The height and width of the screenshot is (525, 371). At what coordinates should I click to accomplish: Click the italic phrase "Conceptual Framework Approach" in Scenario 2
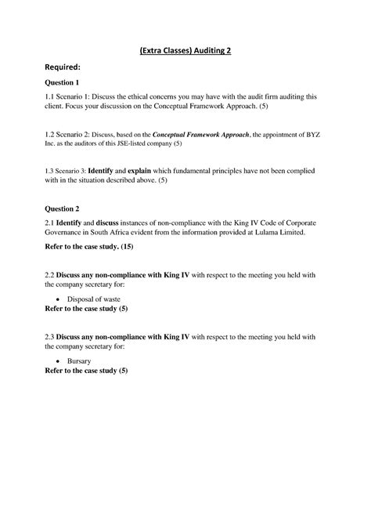[x=206, y=134]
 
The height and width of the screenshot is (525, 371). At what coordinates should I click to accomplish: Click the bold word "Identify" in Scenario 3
[x=104, y=170]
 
